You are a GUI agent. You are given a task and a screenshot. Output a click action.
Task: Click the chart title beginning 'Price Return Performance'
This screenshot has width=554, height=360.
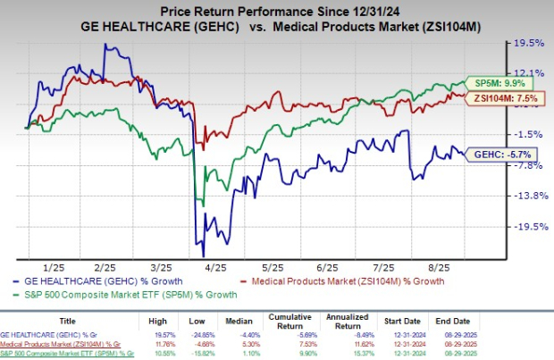coord(277,10)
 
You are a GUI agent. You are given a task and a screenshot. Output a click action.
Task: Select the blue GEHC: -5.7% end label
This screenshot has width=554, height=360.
coord(494,154)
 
